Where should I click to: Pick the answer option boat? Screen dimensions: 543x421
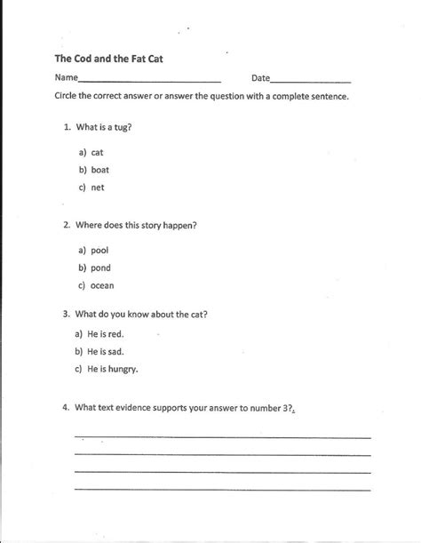[x=100, y=171]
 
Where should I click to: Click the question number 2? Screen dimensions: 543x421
[x=67, y=225]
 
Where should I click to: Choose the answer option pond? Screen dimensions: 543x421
[x=101, y=268]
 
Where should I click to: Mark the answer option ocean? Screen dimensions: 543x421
[x=103, y=285]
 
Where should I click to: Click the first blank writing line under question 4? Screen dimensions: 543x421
[x=222, y=437]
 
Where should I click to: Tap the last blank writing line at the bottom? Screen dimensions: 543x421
[x=222, y=490]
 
